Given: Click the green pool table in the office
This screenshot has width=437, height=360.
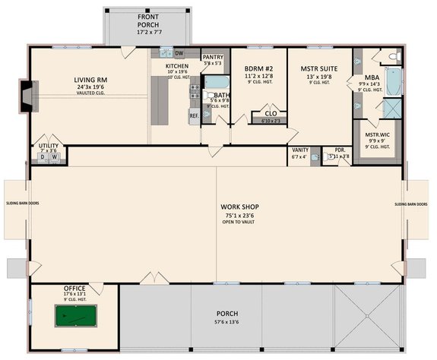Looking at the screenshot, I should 76,315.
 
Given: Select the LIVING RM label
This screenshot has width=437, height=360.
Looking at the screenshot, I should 90,79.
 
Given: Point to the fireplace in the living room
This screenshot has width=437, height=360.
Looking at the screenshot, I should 28,96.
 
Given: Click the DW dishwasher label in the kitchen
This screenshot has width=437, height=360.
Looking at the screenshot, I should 179,53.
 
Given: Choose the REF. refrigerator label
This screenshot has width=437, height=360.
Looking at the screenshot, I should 194,115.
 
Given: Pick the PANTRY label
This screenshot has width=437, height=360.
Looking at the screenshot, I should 212,57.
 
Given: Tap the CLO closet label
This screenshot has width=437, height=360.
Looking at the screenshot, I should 269,114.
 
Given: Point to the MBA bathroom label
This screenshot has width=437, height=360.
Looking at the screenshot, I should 372,77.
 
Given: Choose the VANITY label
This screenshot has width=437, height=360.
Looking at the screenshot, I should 299,150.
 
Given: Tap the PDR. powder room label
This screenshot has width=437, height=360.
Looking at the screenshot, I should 340,150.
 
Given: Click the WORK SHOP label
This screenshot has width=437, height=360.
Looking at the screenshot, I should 238,207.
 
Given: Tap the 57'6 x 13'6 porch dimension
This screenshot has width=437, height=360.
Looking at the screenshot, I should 226,322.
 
